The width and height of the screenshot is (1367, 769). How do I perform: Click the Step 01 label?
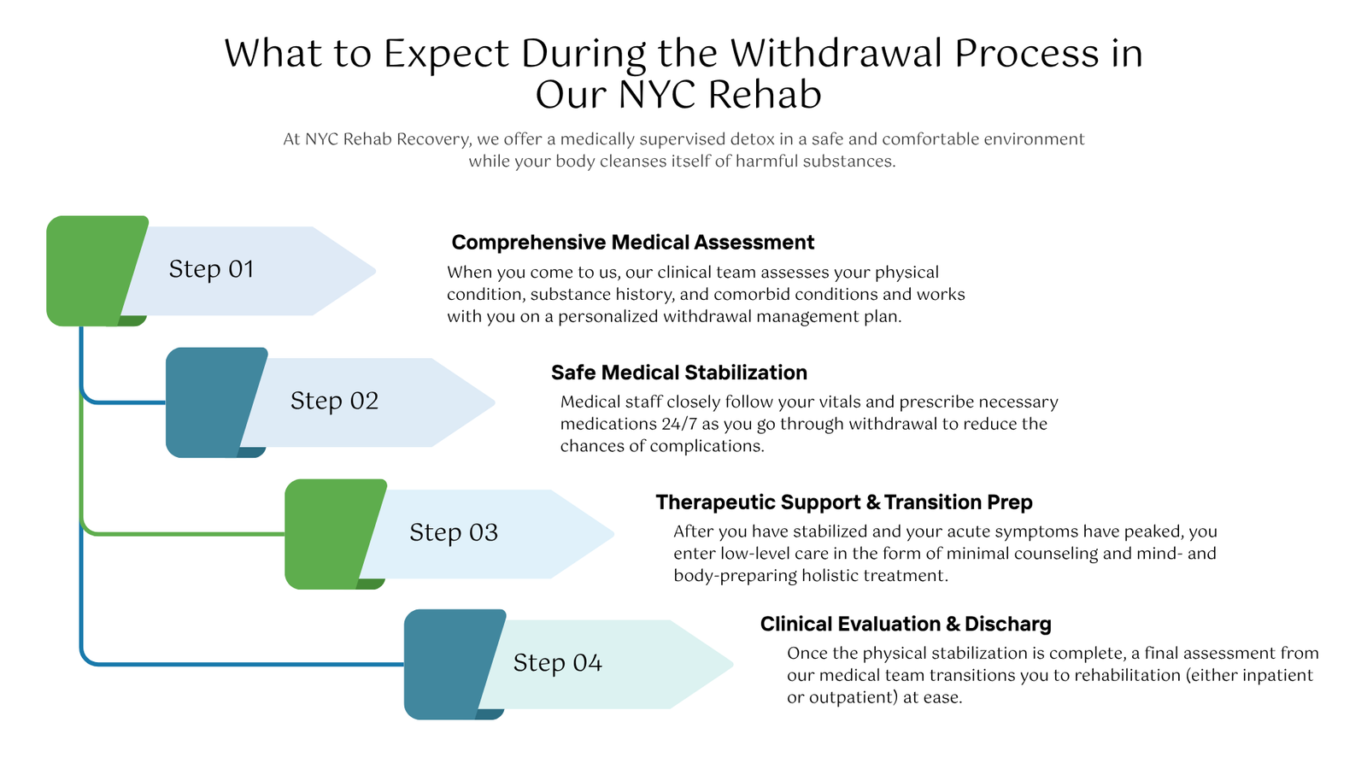pyautogui.click(x=211, y=269)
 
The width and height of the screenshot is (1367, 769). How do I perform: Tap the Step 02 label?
pyautogui.click(x=334, y=401)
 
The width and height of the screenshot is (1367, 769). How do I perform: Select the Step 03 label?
pyautogui.click(x=454, y=532)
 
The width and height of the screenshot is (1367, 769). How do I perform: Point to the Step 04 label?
pyautogui.click(x=558, y=663)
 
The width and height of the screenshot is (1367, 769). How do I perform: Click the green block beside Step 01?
pyautogui.click(x=91, y=270)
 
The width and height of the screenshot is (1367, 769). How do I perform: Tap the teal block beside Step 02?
pyautogui.click(x=210, y=402)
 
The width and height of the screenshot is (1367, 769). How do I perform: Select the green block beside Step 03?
pyautogui.click(x=330, y=534)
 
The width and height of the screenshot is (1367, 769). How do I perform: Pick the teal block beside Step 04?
pyautogui.click(x=449, y=664)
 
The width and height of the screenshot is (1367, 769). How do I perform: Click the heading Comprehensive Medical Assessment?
pyautogui.click(x=633, y=243)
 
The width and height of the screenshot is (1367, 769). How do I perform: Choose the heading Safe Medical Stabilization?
pyautogui.click(x=679, y=373)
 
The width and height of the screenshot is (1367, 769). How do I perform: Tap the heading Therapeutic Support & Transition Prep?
pyautogui.click(x=844, y=502)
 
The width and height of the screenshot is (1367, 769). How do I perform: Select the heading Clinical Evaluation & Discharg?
pyautogui.click(x=906, y=625)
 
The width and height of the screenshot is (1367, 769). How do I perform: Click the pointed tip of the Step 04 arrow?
pyautogui.click(x=733, y=665)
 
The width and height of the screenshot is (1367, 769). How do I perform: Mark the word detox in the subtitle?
pyautogui.click(x=753, y=139)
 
